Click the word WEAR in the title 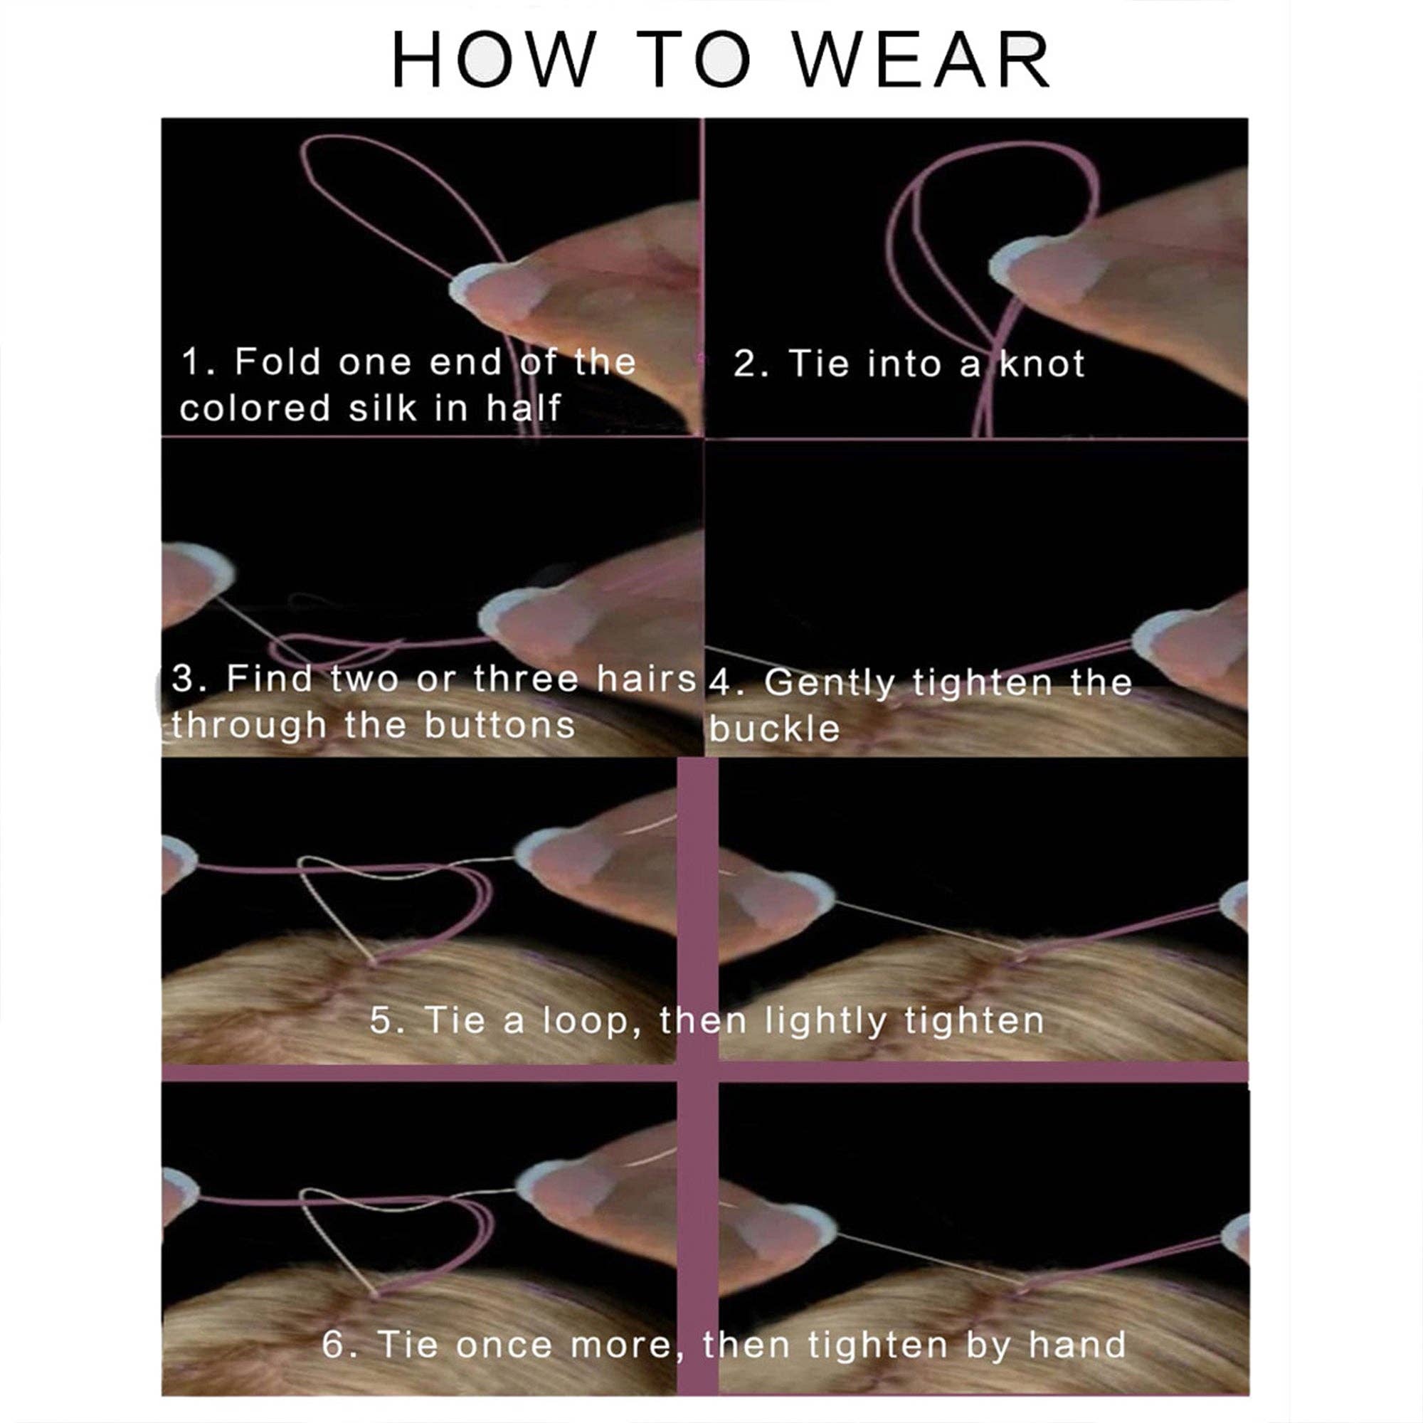coord(922,60)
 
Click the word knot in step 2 coord(1042,364)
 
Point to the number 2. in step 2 coord(751,364)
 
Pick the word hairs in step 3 coord(646,678)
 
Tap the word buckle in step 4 coord(774,729)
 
